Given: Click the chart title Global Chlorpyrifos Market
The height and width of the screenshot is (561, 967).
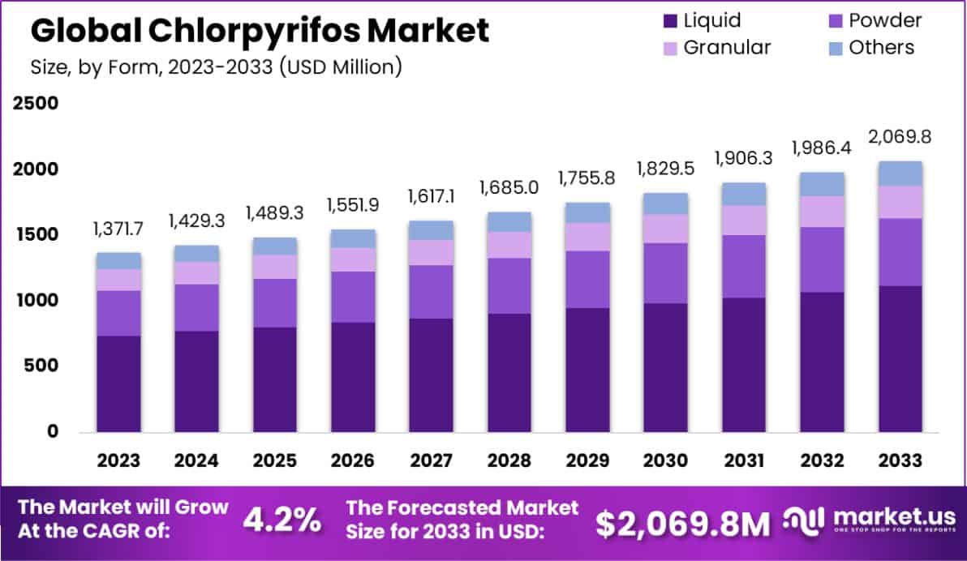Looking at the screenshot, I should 260,31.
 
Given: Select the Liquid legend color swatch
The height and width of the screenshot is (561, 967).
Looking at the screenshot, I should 670,20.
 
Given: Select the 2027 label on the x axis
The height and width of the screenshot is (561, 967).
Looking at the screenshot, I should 431,460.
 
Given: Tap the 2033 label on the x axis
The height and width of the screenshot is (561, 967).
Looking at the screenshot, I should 900,460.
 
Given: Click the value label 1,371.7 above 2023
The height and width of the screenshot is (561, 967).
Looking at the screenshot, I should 118,229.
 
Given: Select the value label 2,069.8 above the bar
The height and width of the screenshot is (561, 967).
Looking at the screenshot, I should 900,136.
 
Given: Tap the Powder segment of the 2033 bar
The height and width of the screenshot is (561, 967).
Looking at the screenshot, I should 900,251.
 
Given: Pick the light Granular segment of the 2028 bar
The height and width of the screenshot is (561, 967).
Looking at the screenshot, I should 509,245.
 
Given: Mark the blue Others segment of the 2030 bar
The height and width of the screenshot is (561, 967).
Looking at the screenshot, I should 665,203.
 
